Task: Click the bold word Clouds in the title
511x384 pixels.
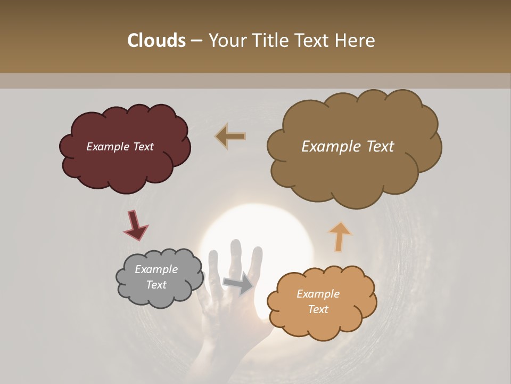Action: (x=156, y=41)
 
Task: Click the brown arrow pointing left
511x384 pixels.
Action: (x=230, y=137)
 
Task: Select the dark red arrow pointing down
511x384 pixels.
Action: (x=135, y=225)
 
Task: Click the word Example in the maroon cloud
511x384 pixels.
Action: (x=106, y=147)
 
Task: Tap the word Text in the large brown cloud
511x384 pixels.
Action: (x=377, y=147)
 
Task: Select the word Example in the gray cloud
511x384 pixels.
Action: (x=156, y=269)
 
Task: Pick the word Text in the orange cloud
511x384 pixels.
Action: (x=318, y=309)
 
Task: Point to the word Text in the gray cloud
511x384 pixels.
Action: (x=156, y=285)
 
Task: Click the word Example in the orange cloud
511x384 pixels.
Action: (x=318, y=294)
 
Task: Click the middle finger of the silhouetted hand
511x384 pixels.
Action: (x=235, y=256)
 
